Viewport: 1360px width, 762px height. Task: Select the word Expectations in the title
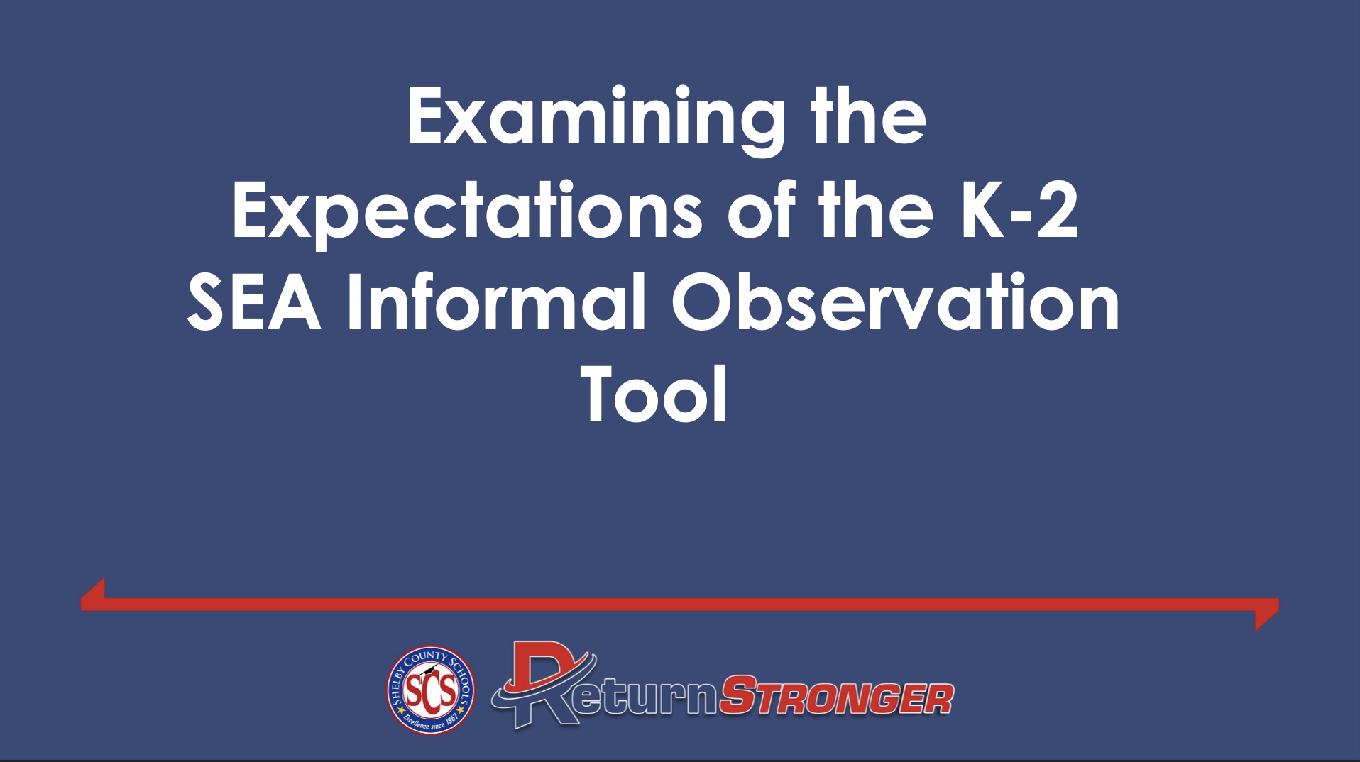click(467, 214)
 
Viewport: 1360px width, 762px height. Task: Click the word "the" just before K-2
click(876, 209)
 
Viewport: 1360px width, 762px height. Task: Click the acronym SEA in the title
click(254, 303)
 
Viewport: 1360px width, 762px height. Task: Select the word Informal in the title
click(496, 302)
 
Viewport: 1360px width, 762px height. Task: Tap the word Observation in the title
click(896, 302)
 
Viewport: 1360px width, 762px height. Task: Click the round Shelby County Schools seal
click(430, 690)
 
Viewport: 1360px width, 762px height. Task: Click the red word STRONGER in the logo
click(836, 697)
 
